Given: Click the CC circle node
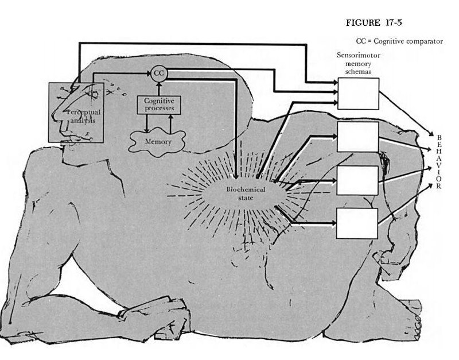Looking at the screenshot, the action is pyautogui.click(x=159, y=73).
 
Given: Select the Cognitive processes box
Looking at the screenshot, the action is pyautogui.click(x=159, y=105).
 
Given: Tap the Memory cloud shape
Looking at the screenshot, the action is pyautogui.click(x=157, y=142).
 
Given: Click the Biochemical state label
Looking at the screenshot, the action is pyautogui.click(x=246, y=193).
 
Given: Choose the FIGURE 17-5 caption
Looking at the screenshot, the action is pyautogui.click(x=374, y=23).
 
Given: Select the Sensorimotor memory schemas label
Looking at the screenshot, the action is pyautogui.click(x=358, y=63).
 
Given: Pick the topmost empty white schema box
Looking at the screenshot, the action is pyautogui.click(x=358, y=94).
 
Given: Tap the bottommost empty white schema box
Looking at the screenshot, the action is pyautogui.click(x=357, y=223).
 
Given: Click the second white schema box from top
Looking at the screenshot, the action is pyautogui.click(x=358, y=137).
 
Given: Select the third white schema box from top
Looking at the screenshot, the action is pyautogui.click(x=357, y=180).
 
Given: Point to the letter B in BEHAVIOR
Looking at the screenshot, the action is pyautogui.click(x=439, y=137).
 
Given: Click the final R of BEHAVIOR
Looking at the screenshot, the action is pyautogui.click(x=438, y=186).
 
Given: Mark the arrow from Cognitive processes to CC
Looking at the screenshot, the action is pyautogui.click(x=159, y=89).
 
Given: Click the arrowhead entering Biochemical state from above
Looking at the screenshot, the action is pyautogui.click(x=236, y=176).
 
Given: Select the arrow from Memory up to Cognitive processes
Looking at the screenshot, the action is pyautogui.click(x=171, y=125).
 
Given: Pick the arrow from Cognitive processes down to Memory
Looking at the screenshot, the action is pyautogui.click(x=147, y=123).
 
